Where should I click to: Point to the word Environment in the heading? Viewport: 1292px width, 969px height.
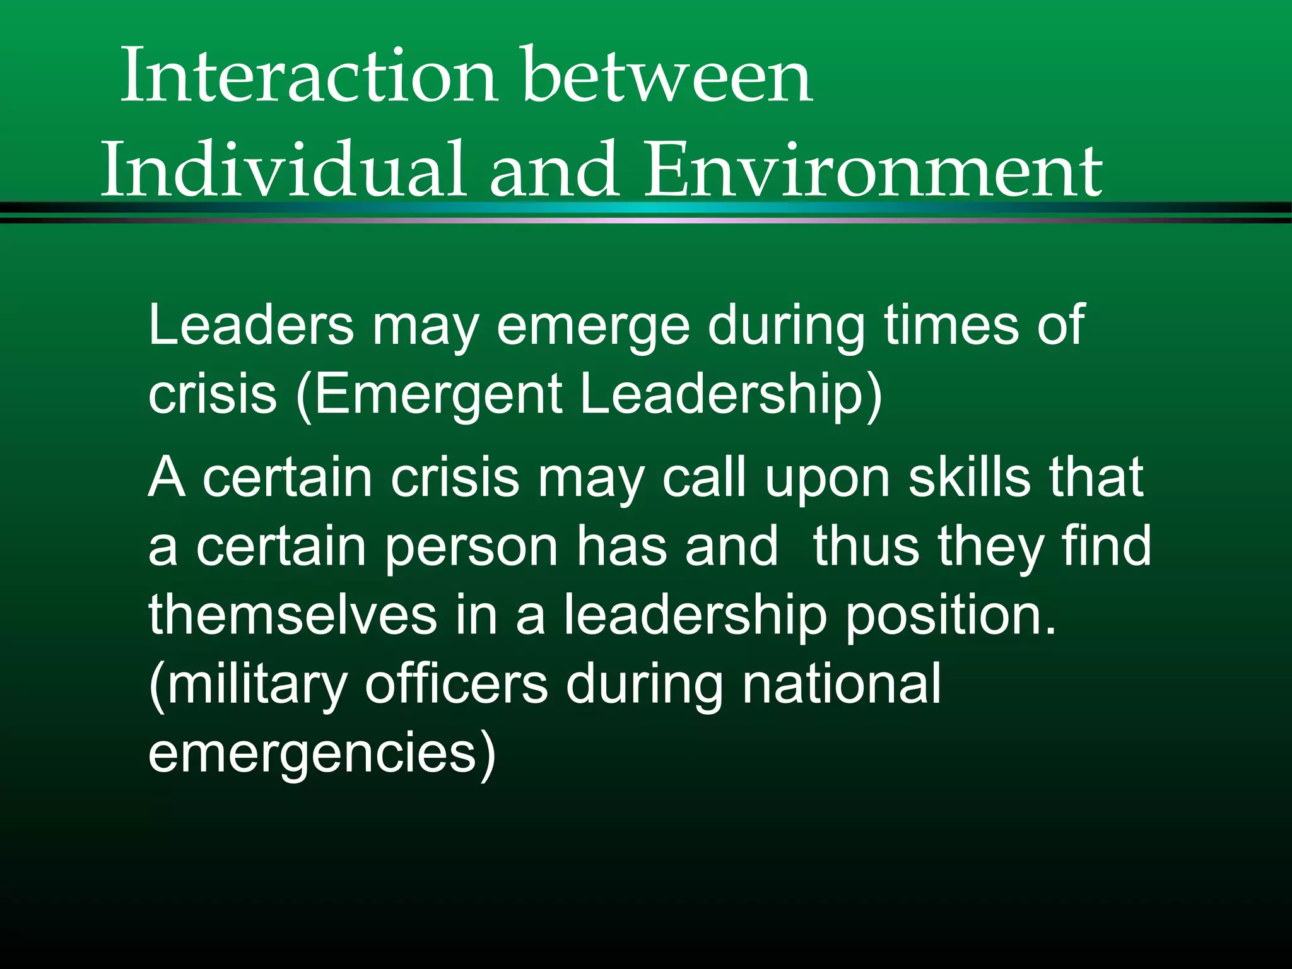coord(873,169)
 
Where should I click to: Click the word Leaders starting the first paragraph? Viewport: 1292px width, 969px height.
coord(251,325)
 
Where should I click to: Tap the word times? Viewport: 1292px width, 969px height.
coord(951,325)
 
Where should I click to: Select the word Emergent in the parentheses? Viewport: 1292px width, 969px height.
coord(438,394)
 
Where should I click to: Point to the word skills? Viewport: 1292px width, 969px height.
coord(969,477)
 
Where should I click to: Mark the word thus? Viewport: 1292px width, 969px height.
coord(865,546)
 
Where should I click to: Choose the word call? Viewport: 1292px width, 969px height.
coord(704,477)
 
